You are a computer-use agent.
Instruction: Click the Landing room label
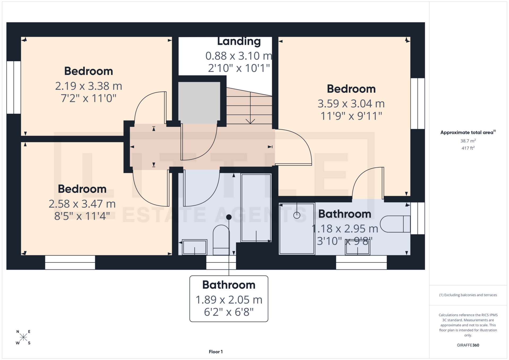coord(239,41)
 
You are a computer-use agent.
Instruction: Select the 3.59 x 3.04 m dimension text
coord(351,104)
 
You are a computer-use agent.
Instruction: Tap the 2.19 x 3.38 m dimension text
coord(89,86)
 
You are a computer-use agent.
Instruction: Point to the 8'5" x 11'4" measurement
coord(82,216)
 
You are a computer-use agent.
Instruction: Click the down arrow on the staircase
coord(250,121)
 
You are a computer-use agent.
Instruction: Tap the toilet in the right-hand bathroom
coord(395,224)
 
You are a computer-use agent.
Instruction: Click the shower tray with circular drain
coord(297,229)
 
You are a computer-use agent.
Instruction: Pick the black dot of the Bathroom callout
coord(229,217)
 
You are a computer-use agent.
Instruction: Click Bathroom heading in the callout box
coord(229,285)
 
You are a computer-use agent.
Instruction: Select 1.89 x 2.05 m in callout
coord(229,300)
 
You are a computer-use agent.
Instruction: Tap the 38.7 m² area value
coord(468,141)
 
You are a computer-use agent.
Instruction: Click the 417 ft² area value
coord(468,148)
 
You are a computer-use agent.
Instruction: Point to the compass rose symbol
coord(23,337)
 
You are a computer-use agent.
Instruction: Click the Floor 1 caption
coord(216,352)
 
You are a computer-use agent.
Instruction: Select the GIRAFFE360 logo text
coord(468,345)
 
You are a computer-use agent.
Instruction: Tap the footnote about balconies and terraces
coord(468,295)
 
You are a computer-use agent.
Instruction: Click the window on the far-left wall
coord(14,87)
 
